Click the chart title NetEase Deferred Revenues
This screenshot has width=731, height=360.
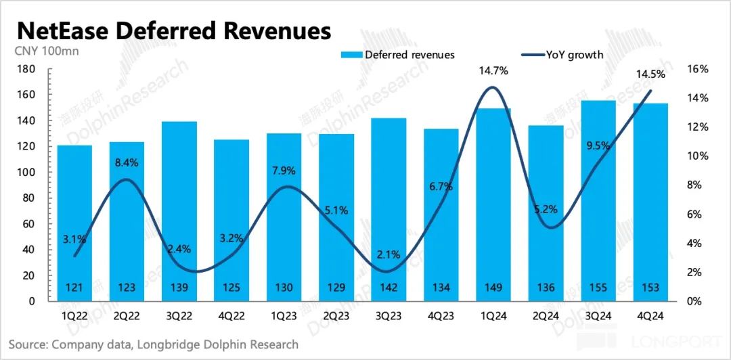[x=174, y=30]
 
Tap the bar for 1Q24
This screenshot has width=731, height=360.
[x=493, y=203]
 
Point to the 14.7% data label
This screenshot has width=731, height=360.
[x=493, y=70]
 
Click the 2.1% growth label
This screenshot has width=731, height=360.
[x=388, y=254]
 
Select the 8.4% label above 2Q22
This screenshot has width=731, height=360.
[x=127, y=162]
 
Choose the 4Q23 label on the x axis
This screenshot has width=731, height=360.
[x=441, y=316]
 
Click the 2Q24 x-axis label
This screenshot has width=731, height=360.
[x=546, y=316]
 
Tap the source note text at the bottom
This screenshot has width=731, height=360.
[x=154, y=344]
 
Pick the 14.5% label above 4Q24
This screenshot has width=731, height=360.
[x=650, y=74]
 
